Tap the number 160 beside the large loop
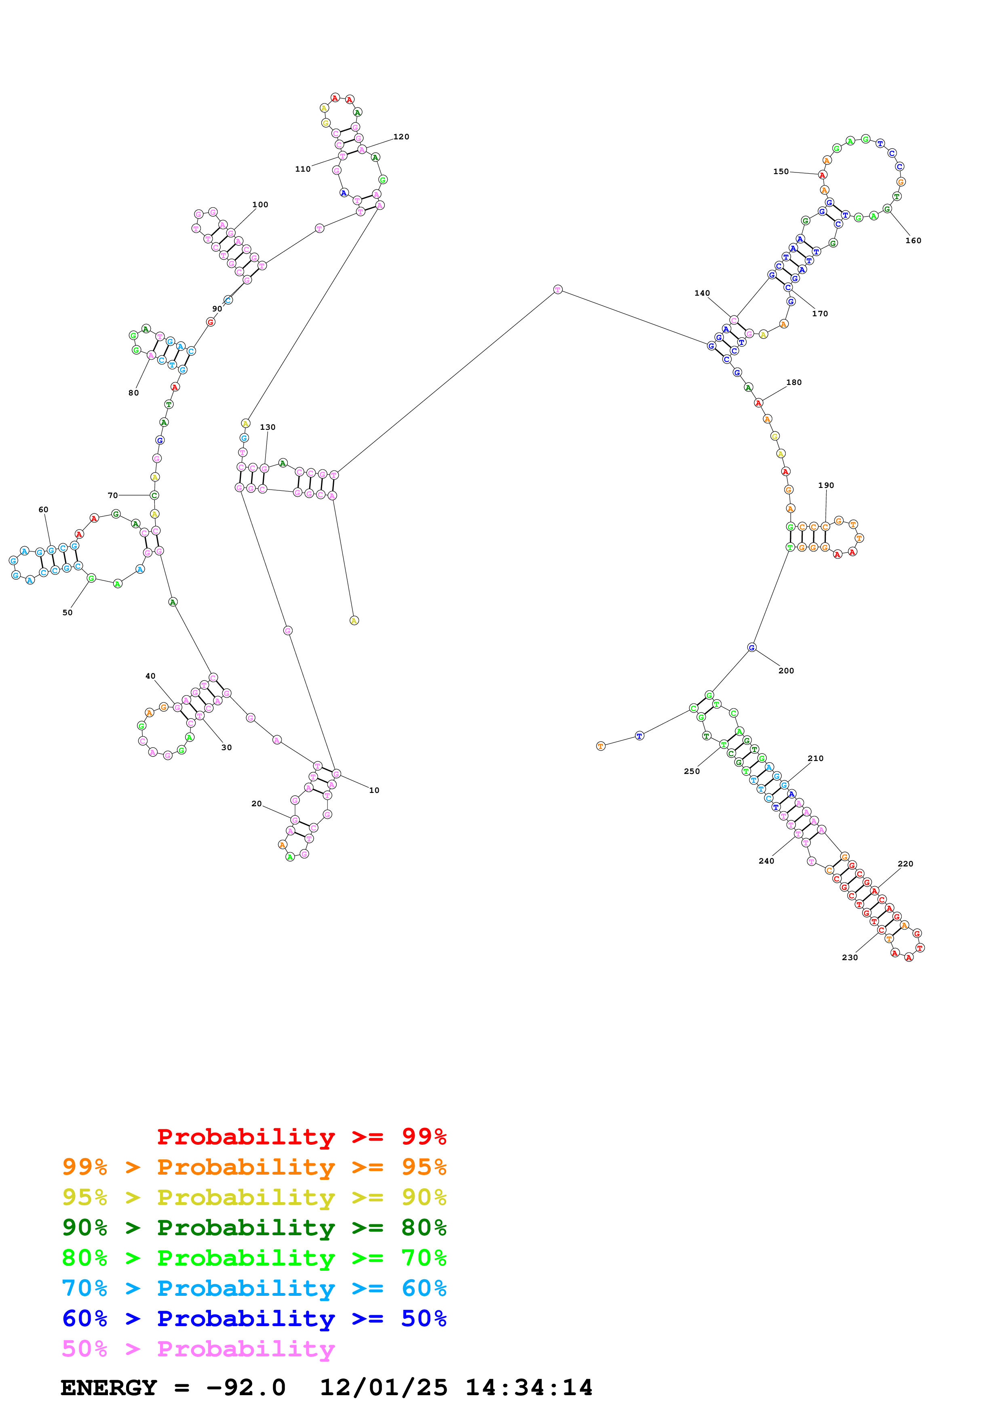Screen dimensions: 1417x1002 pyautogui.click(x=913, y=241)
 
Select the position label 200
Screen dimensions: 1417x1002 pyautogui.click(x=785, y=671)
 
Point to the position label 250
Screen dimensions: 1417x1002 pyautogui.click(x=692, y=772)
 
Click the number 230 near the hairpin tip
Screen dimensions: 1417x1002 pyautogui.click(x=850, y=958)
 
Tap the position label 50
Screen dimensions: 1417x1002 pyautogui.click(x=67, y=613)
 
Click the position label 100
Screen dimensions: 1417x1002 pyautogui.click(x=260, y=205)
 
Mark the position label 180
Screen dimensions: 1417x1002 pyautogui.click(x=793, y=383)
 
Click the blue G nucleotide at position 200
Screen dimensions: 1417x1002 pyautogui.click(x=751, y=648)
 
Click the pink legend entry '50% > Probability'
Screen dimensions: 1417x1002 pyautogui.click(x=198, y=1349)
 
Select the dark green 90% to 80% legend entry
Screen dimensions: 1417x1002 pyautogui.click(x=254, y=1228)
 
